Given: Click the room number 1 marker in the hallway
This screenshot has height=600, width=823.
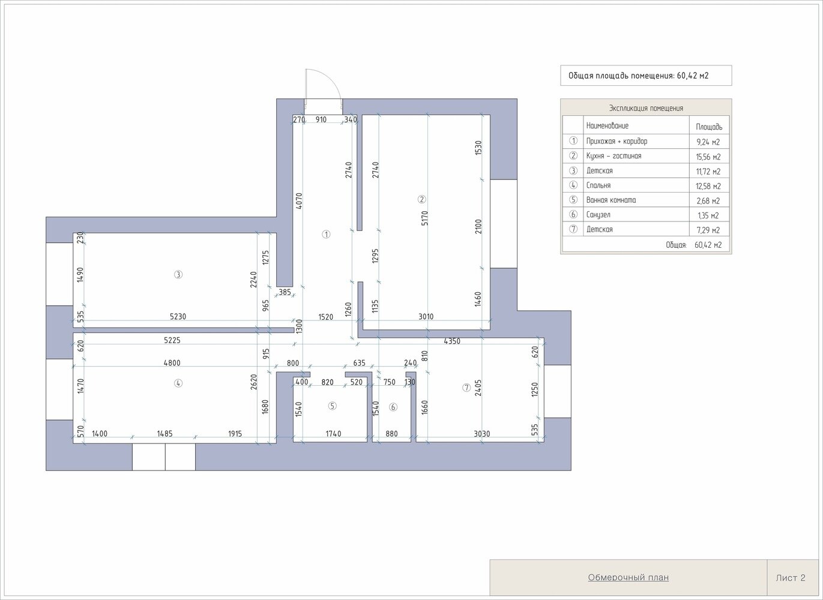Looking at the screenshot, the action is point(326,234).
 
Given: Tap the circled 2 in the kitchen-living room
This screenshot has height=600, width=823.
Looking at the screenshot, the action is point(421,199).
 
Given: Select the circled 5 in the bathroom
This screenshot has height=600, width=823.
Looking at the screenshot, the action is point(332,406).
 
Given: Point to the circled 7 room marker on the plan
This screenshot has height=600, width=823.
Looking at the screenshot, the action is point(466,388).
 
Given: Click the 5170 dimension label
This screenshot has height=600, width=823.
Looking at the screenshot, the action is point(424,218).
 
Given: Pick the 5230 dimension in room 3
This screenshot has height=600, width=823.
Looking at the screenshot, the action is point(178,317).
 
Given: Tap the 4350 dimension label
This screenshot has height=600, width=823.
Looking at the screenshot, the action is point(452,341).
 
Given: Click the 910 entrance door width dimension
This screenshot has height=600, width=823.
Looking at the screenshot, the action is point(321,119).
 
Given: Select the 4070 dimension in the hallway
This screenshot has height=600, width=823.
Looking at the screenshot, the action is point(299,201).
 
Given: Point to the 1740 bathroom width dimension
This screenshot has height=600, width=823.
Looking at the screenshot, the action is point(333,434).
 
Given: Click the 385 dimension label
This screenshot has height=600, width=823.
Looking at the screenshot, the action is point(285,292).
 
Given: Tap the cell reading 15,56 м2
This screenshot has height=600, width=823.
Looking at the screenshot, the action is point(708,157).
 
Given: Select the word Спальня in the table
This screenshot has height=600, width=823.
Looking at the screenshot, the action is point(598,185).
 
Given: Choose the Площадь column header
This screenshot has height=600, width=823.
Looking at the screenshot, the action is point(709,127).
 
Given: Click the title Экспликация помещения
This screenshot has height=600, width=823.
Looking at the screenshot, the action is point(646,108).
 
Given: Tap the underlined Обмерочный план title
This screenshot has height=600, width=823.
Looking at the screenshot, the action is point(629,577).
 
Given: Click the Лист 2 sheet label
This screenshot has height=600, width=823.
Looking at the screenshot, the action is point(791,578).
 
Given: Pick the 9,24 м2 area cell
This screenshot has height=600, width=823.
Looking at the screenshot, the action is point(708,142).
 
